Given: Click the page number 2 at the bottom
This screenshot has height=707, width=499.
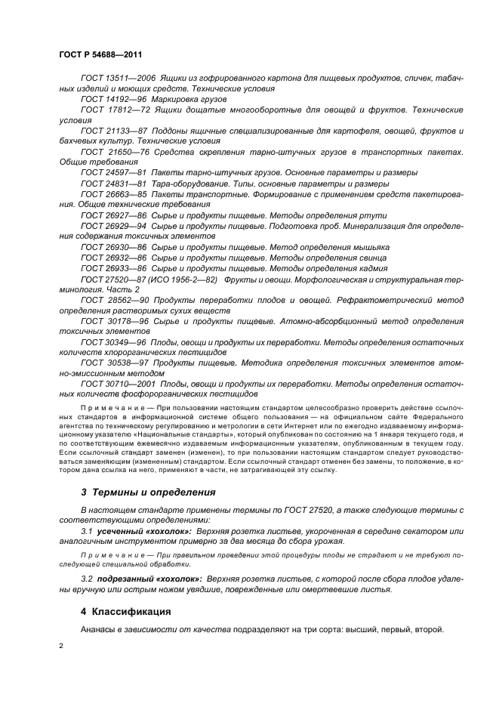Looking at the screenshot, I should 61,647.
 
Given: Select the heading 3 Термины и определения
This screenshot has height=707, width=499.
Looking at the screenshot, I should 148,492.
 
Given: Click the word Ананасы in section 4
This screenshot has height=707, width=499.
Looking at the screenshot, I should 97,629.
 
